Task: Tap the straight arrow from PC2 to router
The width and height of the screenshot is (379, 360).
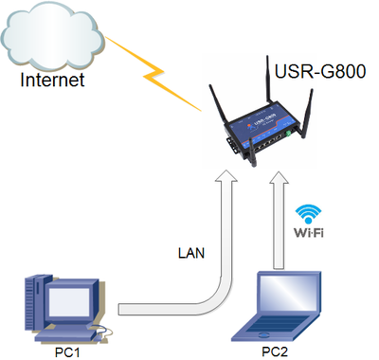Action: coord(280,227)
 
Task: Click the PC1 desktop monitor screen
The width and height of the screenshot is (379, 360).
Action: coord(71,300)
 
